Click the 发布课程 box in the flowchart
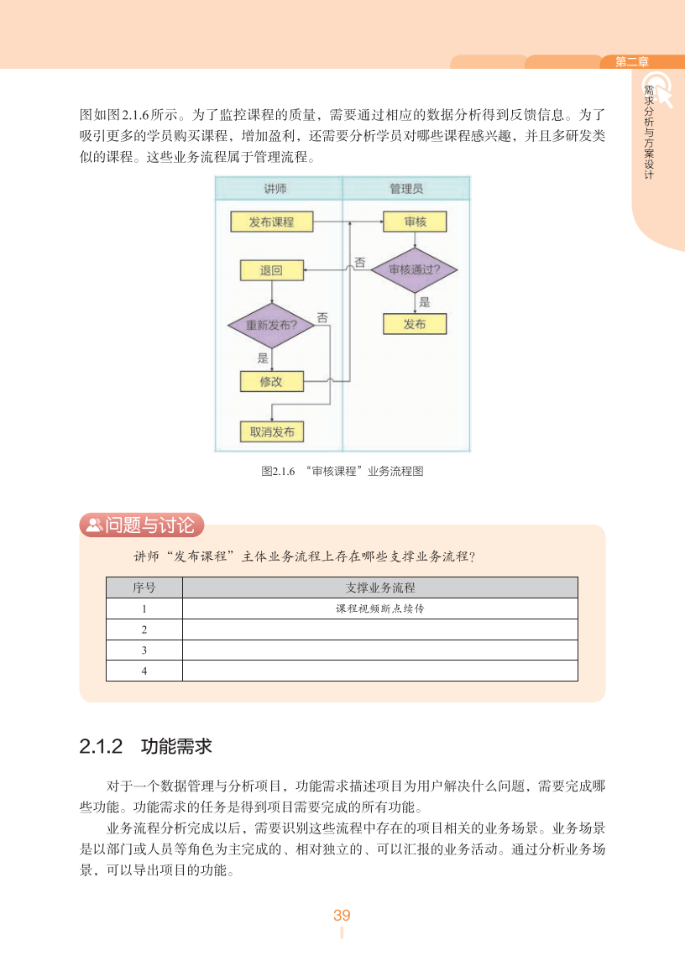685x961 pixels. tap(271, 222)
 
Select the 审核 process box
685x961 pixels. tap(415, 222)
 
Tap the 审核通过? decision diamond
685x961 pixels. tap(415, 270)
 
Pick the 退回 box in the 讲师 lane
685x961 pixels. tap(271, 270)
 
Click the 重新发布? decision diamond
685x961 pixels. tap(271, 324)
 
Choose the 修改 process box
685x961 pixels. tap(271, 381)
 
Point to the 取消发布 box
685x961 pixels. tap(271, 431)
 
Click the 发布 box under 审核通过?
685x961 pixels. tap(415, 324)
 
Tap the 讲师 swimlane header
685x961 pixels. tap(278, 188)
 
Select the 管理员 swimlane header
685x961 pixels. tap(406, 188)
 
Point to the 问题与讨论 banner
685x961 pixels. tap(142, 525)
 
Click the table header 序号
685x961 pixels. tap(144, 588)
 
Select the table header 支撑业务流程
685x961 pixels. tap(380, 588)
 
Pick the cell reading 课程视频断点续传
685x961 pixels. tap(380, 608)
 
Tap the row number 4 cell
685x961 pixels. tap(144, 671)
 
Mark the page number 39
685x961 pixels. tap(342, 915)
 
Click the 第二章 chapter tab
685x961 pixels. tap(632, 61)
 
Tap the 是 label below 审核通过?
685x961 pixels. tap(424, 302)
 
